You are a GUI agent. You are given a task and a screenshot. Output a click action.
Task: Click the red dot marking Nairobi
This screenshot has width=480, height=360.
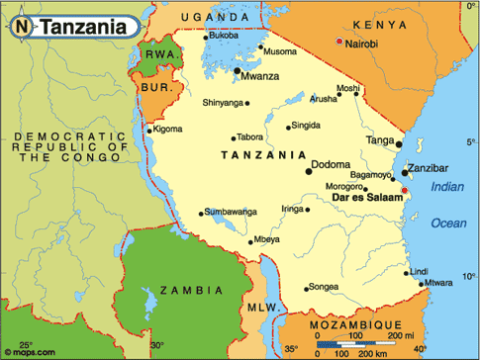point(339,42)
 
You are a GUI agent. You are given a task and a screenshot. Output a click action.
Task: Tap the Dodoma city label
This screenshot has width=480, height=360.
point(330,165)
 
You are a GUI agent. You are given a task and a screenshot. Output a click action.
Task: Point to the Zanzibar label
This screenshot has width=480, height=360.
point(432,169)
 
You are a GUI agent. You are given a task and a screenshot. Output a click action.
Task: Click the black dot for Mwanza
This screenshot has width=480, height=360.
point(237,70)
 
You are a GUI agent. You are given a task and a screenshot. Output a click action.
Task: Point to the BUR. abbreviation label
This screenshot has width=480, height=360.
point(158,87)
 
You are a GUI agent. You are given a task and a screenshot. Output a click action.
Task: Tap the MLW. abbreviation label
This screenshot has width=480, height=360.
point(260,308)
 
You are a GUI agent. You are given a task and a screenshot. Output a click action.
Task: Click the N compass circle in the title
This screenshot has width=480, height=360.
point(22,27)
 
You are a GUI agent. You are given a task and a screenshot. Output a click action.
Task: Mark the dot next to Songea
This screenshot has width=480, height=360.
point(307,288)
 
